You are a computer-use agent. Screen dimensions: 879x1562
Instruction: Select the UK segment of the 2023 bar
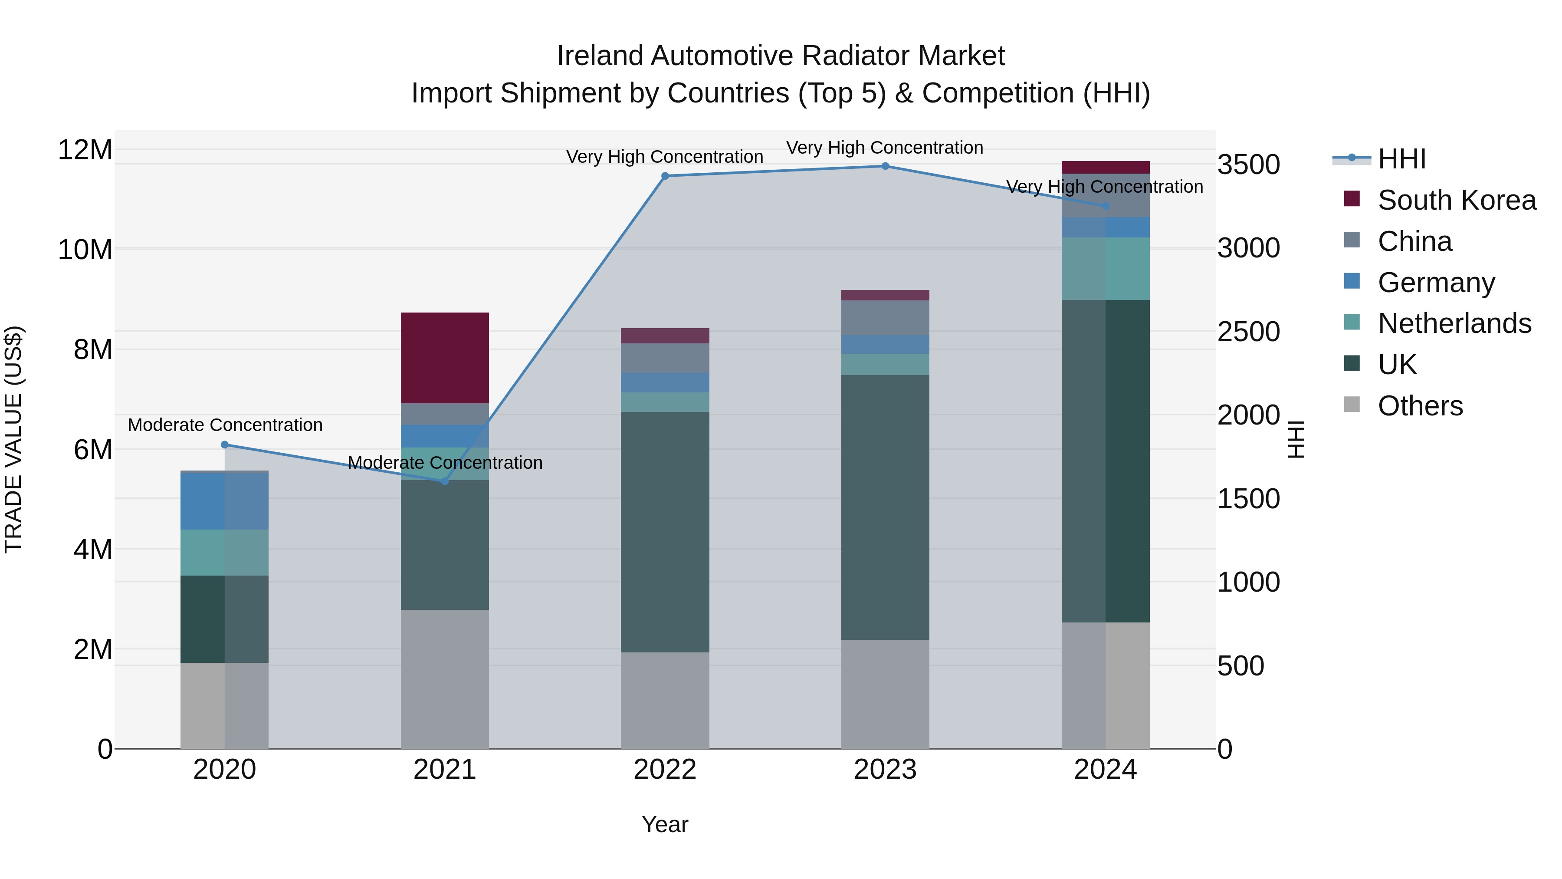885,507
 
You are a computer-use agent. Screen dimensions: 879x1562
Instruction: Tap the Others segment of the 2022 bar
665,700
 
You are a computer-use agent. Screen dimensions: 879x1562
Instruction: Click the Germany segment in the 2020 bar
224,501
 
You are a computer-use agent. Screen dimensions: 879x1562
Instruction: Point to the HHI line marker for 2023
885,166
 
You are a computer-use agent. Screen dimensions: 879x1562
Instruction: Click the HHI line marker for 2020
224,444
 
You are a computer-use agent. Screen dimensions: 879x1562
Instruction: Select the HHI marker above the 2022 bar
665,176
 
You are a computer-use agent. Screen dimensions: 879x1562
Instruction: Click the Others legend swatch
1352,405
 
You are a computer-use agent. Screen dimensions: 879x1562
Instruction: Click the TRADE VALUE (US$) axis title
13,439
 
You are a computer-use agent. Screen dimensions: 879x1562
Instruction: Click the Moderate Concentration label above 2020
225,425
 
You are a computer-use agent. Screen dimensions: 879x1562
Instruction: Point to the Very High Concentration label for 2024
1104,187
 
